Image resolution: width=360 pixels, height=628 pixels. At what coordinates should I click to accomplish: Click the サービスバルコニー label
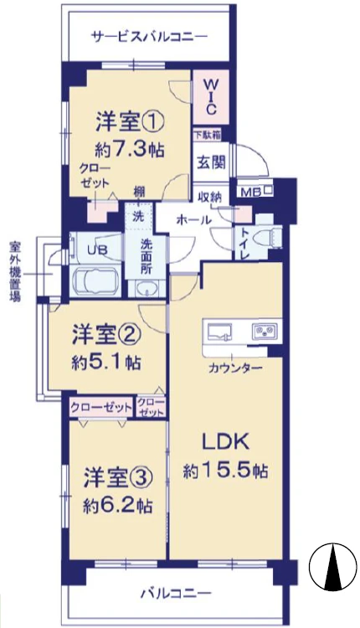pos(151,38)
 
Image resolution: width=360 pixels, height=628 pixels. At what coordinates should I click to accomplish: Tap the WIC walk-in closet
pos(211,96)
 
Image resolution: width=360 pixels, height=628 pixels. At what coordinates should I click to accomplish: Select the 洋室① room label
pos(130,123)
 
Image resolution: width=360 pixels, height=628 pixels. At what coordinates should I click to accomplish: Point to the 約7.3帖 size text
pos(130,151)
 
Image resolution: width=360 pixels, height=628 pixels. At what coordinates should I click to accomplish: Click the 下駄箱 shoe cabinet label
pos(208,136)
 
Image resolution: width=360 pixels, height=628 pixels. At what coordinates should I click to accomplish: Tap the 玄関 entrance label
pos(211,162)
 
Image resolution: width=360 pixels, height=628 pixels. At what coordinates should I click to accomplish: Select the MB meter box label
pos(251,193)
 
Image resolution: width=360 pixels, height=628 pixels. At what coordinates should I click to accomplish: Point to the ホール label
pos(194,219)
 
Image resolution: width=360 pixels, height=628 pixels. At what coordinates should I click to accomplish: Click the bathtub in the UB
pos(96,281)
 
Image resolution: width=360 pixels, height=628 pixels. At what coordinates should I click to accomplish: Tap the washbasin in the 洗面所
pos(147,288)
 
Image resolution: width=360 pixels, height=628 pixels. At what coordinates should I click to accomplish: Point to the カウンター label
pos(235,368)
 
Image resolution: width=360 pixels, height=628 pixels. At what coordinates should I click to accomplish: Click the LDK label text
pos(225,443)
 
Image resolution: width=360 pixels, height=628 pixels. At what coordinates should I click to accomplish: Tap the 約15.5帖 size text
pos(225,471)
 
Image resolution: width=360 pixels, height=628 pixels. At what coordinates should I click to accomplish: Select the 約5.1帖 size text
pos(106,363)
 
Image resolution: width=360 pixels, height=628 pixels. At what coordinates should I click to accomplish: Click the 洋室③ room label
pos(118,479)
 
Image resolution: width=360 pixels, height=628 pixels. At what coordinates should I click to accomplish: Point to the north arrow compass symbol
pos(333,566)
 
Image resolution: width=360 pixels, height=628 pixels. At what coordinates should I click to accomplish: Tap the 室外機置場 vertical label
pos(14,270)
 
